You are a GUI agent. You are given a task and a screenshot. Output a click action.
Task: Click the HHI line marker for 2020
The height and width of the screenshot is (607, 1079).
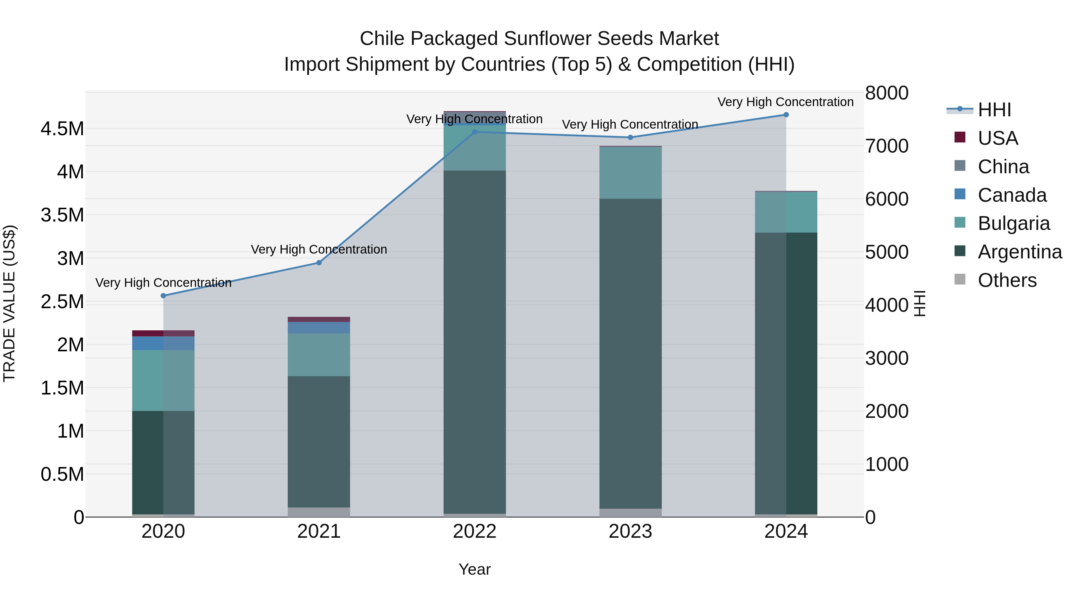click(x=163, y=296)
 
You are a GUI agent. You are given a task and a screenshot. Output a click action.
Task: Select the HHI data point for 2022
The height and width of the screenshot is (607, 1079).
click(x=474, y=132)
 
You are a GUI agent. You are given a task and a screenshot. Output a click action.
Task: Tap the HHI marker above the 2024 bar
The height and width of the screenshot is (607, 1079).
click(x=786, y=115)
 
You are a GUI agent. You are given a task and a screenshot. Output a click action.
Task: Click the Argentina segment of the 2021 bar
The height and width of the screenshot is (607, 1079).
click(x=319, y=442)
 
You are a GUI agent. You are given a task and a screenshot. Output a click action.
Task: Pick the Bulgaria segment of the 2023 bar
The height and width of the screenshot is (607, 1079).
click(x=630, y=173)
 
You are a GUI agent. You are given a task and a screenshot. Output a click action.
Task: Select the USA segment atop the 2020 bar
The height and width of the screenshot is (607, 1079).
click(x=163, y=333)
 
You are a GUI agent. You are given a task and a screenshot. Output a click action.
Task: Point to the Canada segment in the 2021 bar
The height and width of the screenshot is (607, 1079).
click(x=319, y=328)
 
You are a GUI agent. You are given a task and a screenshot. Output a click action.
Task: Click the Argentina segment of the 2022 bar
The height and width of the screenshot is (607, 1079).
click(x=474, y=341)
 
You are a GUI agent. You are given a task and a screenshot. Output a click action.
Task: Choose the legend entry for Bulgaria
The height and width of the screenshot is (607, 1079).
click(x=1014, y=223)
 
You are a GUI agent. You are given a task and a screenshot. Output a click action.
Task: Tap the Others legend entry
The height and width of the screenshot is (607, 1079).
click(x=1007, y=280)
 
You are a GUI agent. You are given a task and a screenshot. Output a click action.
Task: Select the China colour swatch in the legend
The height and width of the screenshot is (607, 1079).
click(x=960, y=166)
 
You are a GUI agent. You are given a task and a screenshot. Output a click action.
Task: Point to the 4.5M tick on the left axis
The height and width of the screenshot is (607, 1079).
click(x=62, y=129)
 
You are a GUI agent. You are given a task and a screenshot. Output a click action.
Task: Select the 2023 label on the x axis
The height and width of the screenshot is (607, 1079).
click(x=630, y=531)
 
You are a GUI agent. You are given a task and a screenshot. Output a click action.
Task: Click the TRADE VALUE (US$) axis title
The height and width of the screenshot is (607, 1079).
click(x=9, y=304)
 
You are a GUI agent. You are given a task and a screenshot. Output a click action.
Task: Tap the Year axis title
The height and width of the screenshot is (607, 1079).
click(x=474, y=569)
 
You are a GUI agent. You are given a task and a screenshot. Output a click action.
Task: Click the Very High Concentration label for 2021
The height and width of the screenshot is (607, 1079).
click(x=319, y=249)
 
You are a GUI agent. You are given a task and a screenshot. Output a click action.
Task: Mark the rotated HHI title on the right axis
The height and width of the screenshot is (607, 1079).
click(x=920, y=304)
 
